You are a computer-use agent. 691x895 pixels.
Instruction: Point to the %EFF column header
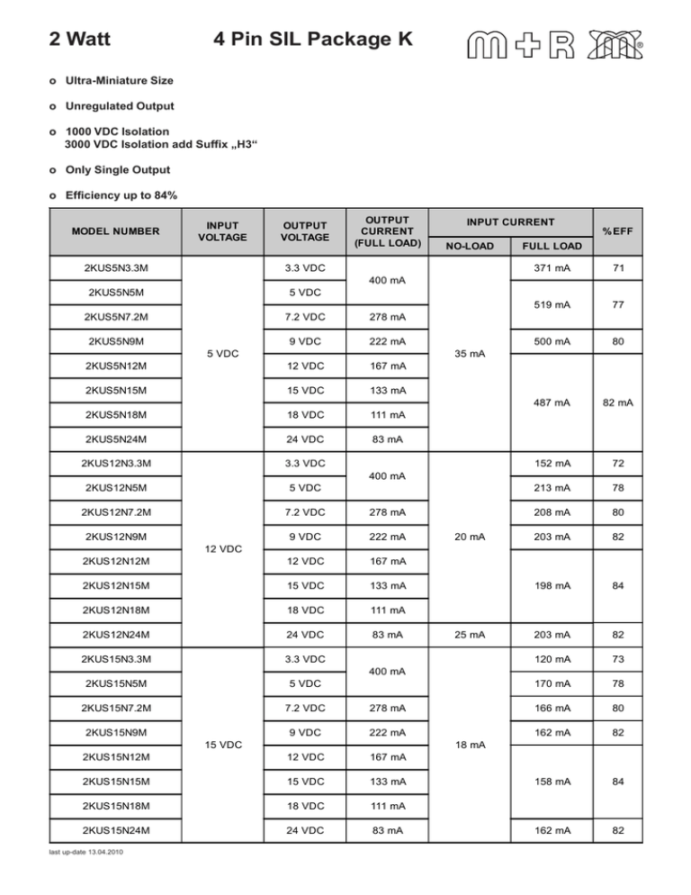tap(619, 232)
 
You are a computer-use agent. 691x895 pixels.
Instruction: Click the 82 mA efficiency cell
tap(619, 402)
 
